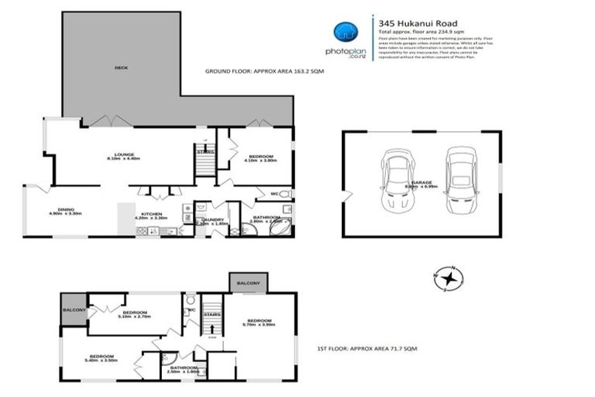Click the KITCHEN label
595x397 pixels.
(150, 216)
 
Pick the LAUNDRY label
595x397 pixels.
(212, 220)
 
